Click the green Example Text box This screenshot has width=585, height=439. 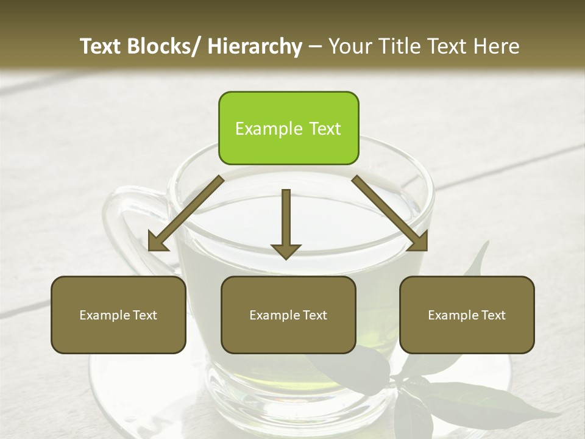(288, 128)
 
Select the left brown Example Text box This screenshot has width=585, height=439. (118, 315)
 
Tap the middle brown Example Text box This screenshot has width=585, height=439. (288, 315)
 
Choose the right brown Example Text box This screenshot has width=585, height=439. (467, 315)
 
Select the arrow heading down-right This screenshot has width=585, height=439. (390, 213)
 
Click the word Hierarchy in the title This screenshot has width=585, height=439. (255, 46)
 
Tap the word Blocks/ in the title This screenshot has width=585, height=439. (163, 46)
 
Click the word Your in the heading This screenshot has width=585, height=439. (349, 46)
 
